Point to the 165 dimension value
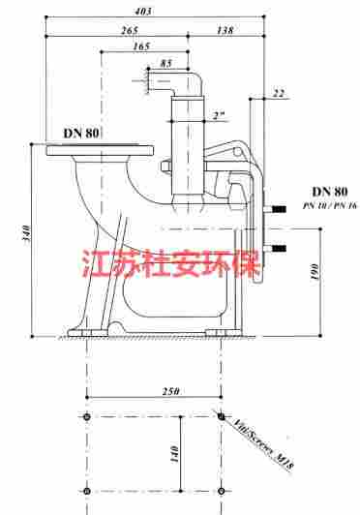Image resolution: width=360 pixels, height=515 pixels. (141, 46)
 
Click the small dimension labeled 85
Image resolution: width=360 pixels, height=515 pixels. (167, 64)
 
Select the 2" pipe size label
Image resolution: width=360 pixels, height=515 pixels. (219, 115)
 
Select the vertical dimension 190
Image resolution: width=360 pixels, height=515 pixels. (315, 274)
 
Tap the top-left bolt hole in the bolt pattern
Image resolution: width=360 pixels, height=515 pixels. (88, 416)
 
